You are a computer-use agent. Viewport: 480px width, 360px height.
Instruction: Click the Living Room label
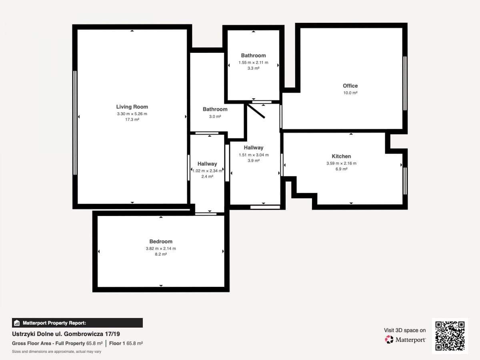point(132,107)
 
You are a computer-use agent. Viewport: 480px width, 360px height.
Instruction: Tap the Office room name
point(350,86)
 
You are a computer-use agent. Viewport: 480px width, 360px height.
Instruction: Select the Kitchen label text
point(341,156)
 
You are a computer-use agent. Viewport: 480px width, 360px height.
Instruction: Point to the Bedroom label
point(161,241)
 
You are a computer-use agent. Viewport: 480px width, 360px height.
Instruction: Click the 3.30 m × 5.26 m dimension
point(132,114)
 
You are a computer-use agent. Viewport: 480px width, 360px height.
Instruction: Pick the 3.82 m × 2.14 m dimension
point(161,248)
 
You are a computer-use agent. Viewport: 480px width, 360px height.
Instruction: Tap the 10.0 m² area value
point(350,93)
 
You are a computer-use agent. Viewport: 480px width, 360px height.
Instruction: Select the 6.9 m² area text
point(341,169)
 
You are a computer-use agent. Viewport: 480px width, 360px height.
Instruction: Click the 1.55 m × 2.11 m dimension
point(253,62)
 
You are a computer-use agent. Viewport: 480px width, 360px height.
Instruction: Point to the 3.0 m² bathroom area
point(215,116)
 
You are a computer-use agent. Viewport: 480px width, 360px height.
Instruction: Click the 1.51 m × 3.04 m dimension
point(254,155)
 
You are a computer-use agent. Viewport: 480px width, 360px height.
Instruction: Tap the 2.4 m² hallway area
point(207,176)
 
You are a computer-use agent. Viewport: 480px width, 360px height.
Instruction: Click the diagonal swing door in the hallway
point(256,111)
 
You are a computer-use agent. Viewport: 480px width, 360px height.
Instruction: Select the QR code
point(450,336)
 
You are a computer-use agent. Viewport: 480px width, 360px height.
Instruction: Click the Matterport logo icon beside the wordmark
point(389,340)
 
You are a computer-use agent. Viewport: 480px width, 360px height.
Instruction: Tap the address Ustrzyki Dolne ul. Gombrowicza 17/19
point(66,334)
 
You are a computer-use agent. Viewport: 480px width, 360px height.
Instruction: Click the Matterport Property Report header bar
point(77,323)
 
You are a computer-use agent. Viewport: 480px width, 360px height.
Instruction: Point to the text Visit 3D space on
point(405,330)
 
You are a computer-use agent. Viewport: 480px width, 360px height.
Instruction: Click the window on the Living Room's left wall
point(75,123)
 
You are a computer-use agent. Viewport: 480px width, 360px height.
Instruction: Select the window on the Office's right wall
point(405,83)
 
